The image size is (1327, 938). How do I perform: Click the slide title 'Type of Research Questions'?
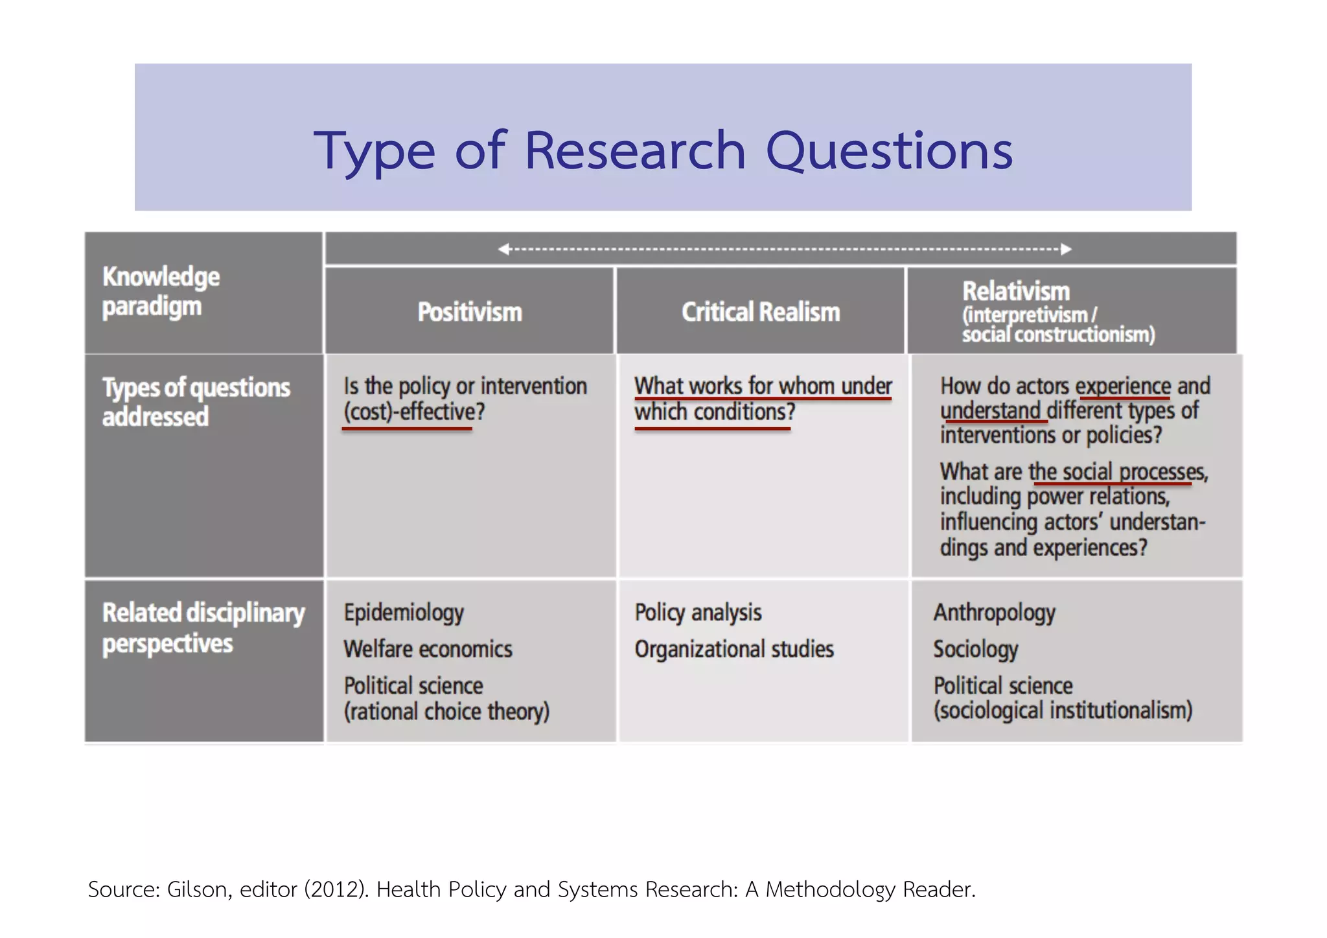click(x=663, y=150)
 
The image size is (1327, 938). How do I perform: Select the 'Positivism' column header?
click(x=470, y=312)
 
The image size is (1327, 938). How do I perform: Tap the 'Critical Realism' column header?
click(x=761, y=312)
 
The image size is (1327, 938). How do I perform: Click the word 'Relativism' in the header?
click(x=1015, y=291)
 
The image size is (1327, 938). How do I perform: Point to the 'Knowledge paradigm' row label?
click(x=161, y=292)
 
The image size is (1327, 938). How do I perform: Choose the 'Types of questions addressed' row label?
click(x=196, y=402)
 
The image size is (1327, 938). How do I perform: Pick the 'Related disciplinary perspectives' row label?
click(x=203, y=628)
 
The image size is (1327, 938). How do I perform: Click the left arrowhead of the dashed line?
click(x=503, y=249)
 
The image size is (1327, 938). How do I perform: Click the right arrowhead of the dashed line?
click(x=1066, y=249)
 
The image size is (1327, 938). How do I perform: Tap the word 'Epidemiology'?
click(x=404, y=613)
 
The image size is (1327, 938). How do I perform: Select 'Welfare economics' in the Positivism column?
click(x=428, y=649)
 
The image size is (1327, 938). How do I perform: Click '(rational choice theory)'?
click(x=446, y=712)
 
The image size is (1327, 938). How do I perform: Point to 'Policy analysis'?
click(x=698, y=613)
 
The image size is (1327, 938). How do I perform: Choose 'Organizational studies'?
click(x=734, y=649)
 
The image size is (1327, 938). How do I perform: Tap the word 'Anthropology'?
click(x=994, y=613)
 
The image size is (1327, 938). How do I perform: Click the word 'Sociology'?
click(x=975, y=649)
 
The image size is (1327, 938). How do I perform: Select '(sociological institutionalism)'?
click(x=1063, y=710)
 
